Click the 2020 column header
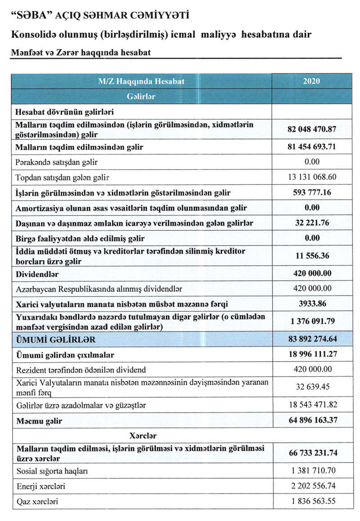311,81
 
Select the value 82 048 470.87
311,129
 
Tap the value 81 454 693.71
311,147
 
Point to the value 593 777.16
311,193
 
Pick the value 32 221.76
311,223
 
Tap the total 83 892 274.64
311,339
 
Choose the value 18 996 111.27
311,355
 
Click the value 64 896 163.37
311,421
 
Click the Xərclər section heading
143,436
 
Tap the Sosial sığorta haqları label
51,471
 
